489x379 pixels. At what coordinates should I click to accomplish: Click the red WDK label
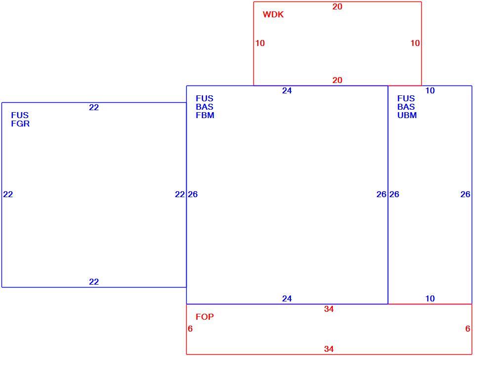click(273, 14)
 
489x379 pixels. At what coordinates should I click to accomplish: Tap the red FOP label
click(205, 317)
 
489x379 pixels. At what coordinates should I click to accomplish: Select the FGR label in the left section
click(20, 124)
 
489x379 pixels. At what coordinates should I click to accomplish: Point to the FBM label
click(205, 115)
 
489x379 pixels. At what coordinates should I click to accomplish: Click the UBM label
click(407, 115)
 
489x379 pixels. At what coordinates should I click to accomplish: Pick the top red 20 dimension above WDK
click(337, 6)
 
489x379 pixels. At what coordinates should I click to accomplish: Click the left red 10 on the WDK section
click(260, 43)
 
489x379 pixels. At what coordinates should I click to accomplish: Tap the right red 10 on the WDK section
click(415, 43)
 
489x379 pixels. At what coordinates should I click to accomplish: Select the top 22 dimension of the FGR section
click(94, 107)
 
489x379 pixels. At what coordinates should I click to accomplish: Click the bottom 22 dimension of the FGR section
click(94, 282)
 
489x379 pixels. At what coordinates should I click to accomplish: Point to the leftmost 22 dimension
click(8, 194)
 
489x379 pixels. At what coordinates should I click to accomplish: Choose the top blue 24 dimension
click(287, 90)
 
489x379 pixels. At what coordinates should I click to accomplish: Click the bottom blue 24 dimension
click(287, 298)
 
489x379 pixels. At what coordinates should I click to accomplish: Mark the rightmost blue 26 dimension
click(465, 194)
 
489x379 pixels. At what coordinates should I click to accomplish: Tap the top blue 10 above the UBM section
click(430, 90)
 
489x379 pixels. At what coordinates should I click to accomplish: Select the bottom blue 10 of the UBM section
click(430, 298)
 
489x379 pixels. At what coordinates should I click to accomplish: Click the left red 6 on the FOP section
click(190, 329)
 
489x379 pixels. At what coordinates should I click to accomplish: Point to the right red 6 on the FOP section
click(467, 329)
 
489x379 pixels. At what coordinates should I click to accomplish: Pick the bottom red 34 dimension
click(328, 349)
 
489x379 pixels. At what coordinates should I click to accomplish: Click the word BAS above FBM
click(204, 107)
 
